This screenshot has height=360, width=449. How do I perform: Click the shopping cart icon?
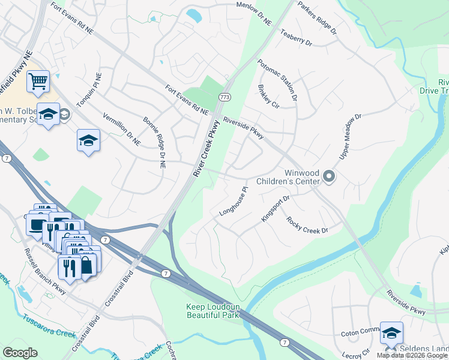point(37,80)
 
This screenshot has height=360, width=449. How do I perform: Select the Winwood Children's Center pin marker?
point(328,176)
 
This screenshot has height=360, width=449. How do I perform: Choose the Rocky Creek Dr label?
point(307,226)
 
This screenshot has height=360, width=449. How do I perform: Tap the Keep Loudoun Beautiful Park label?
point(213,310)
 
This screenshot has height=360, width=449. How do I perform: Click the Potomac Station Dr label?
point(277,79)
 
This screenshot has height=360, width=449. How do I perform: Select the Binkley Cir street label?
point(269,96)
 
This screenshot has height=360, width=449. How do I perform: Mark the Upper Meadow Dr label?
point(352,136)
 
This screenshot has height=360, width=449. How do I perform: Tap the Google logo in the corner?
point(20,352)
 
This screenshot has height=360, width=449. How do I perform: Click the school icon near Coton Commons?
point(391,333)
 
